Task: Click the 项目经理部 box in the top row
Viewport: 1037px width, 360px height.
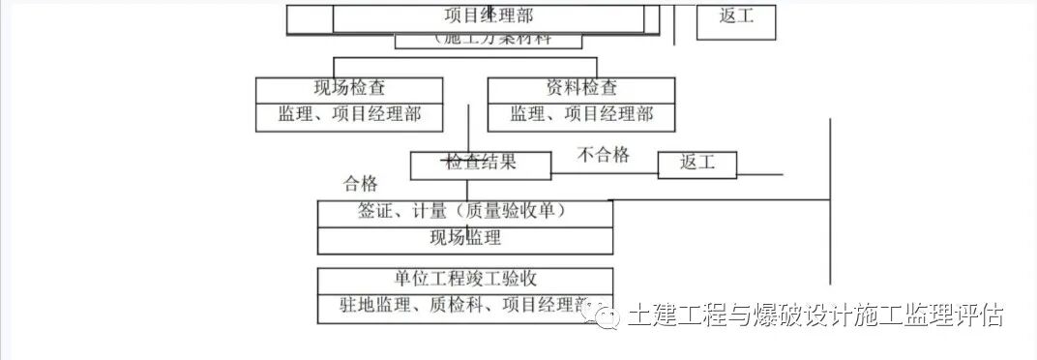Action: point(489,16)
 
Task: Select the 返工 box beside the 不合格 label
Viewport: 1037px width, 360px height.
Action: point(696,164)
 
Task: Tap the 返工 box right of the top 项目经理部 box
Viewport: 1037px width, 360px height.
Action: point(736,17)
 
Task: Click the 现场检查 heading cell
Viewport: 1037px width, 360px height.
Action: point(349,88)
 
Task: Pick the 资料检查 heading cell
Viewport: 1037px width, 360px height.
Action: point(581,88)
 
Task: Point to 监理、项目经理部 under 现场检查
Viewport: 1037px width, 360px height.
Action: point(349,115)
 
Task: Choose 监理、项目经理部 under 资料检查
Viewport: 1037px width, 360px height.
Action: point(581,115)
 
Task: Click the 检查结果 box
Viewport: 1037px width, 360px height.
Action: point(481,163)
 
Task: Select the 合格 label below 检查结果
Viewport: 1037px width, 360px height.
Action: point(361,184)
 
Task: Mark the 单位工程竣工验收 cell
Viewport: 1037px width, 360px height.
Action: point(465,280)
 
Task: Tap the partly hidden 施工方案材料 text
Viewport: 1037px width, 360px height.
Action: point(489,40)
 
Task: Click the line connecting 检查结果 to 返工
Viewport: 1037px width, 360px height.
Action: point(605,174)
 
